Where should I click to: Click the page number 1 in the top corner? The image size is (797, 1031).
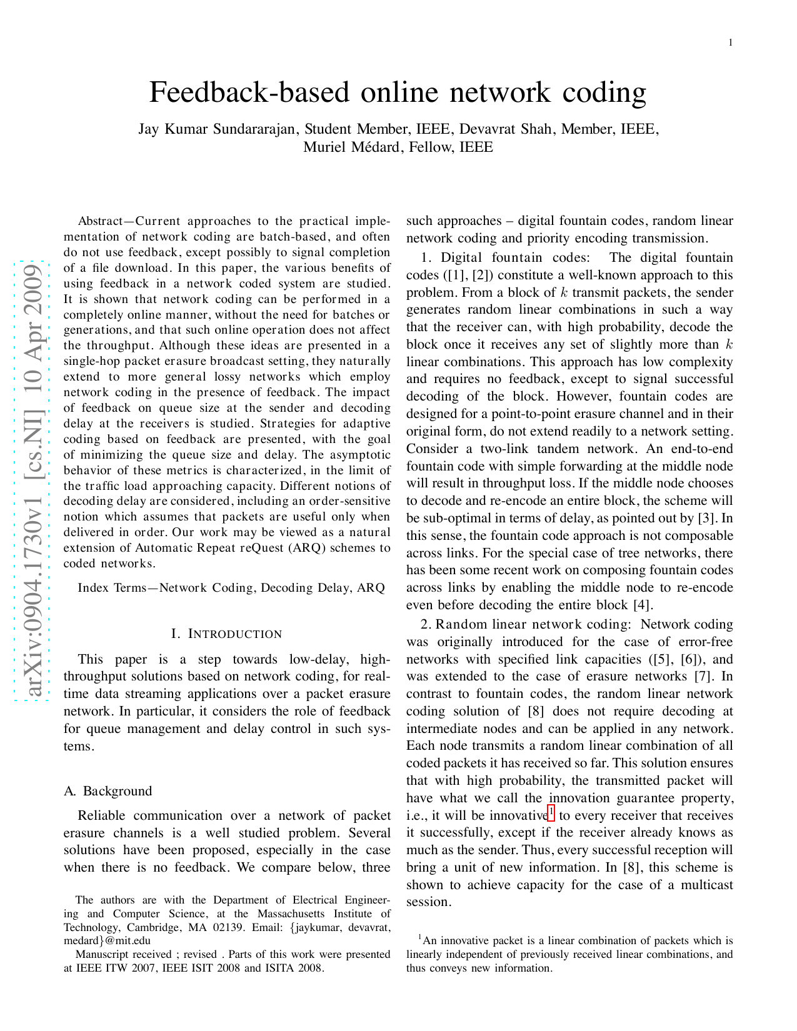coord(730,42)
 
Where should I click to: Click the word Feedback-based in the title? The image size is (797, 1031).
coord(250,92)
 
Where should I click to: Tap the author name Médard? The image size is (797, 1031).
coord(373,147)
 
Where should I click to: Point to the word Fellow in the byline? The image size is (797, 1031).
coord(431,147)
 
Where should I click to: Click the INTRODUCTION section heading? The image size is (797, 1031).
coord(235,634)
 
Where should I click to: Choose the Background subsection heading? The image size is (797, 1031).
coord(118,791)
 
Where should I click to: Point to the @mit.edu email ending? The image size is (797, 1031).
coord(125,940)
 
